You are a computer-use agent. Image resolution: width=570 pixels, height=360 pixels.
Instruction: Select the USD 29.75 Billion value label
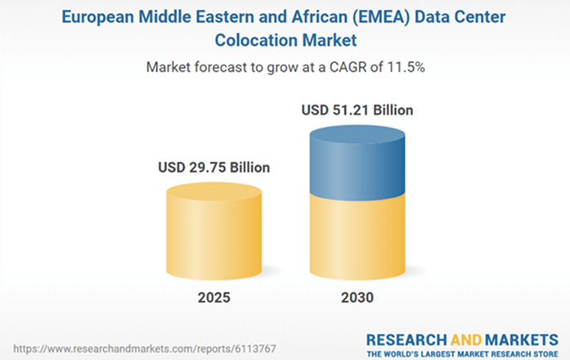pos(214,168)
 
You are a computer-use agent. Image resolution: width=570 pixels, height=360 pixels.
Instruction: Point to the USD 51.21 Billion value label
pos(357,109)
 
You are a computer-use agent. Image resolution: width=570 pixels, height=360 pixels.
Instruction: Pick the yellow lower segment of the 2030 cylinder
pos(357,237)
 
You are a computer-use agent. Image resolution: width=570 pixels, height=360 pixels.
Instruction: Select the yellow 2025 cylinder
pos(214,233)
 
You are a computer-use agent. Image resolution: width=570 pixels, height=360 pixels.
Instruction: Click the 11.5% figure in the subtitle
pos(407,67)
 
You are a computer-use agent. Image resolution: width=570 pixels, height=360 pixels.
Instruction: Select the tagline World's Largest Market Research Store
pos(463,353)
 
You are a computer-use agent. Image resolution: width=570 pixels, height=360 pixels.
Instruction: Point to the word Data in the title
pos(422,16)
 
